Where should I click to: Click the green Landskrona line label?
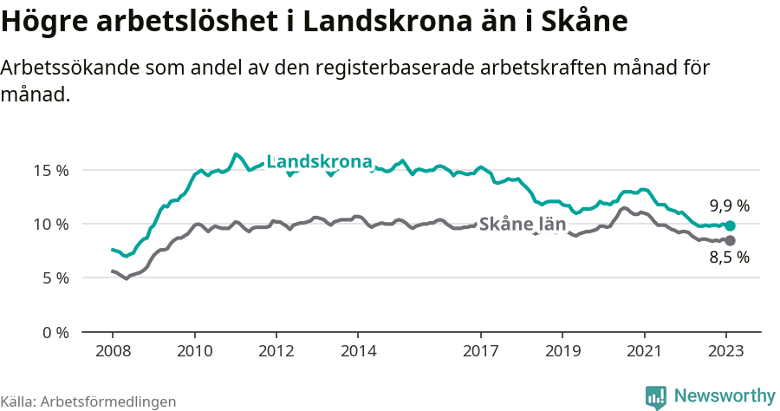319,161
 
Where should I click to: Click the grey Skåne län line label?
523,224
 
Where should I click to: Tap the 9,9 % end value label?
729,206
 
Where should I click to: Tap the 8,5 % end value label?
729,258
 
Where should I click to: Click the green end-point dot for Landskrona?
730,225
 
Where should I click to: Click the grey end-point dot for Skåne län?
730,240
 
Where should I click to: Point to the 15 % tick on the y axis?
51,170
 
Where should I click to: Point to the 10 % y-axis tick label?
51,225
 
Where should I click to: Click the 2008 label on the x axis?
113,351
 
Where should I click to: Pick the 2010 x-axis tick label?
194,351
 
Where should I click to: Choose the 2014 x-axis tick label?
358,351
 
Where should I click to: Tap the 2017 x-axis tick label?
480,351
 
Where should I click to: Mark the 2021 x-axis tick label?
644,351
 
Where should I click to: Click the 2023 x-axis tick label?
725,351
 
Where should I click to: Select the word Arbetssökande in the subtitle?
73,68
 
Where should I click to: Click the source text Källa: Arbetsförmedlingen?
88,401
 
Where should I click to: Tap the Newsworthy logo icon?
656,396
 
